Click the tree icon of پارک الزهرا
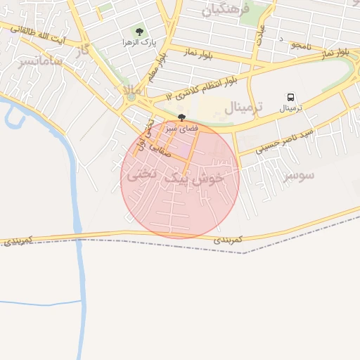tap(139, 32)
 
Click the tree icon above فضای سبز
tap(182, 117)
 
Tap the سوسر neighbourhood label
tap(299, 175)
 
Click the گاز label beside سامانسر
tap(84, 49)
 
